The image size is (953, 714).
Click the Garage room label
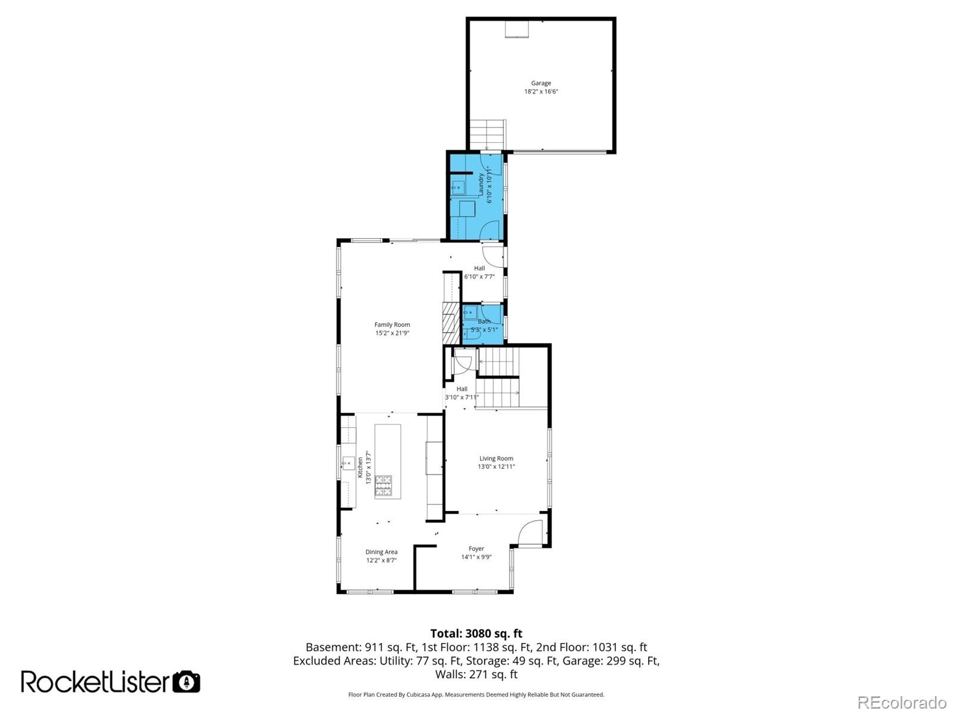tap(541, 83)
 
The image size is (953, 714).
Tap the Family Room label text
tap(392, 325)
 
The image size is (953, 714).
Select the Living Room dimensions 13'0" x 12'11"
tap(496, 467)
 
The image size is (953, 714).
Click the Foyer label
tap(476, 549)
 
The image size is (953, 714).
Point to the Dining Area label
tap(381, 552)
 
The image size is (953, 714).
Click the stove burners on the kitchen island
tap(383, 485)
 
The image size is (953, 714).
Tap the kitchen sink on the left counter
tap(347, 463)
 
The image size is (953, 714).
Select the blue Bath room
tap(484, 325)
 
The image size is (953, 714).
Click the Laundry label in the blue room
tap(481, 185)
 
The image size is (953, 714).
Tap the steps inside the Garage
tap(487, 135)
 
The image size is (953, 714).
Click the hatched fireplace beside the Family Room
tap(451, 322)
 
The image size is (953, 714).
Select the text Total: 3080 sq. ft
tap(476, 634)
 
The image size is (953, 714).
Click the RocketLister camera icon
tap(186, 682)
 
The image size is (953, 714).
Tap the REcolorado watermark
tap(902, 702)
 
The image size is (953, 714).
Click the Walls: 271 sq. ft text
tap(476, 674)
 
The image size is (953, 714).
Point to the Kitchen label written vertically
tap(360, 467)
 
